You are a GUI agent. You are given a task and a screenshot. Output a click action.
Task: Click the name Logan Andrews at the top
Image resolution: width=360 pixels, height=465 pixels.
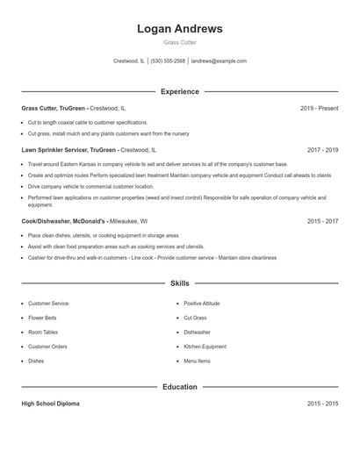coord(179,29)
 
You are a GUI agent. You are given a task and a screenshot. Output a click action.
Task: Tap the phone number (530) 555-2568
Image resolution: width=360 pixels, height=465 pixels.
coord(168,61)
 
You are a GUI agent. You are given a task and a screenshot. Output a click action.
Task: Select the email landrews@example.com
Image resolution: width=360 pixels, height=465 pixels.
coord(219,61)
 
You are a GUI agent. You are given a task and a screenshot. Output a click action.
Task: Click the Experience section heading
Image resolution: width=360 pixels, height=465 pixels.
coord(179,91)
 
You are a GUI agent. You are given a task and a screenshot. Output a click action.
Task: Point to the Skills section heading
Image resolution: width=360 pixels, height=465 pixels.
coord(179,283)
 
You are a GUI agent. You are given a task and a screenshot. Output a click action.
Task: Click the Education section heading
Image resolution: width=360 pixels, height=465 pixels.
coord(179,387)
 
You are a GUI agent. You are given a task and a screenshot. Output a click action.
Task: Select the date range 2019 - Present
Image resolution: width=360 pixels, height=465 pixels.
coord(319,108)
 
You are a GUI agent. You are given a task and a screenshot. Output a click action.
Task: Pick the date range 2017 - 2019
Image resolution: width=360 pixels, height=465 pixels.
coord(322,150)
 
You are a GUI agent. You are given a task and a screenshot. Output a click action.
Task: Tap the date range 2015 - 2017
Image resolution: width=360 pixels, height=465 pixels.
coord(322,222)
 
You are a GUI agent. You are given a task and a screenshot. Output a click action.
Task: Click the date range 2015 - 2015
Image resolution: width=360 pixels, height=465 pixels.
coord(322,404)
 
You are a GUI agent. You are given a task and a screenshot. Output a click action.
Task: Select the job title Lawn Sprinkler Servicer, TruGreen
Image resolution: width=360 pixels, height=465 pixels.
coord(68,150)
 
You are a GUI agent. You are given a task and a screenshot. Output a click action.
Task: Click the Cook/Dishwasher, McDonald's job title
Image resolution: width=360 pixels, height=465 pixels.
coord(63,222)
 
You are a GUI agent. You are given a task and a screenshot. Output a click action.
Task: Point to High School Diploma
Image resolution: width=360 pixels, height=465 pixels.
coord(50,404)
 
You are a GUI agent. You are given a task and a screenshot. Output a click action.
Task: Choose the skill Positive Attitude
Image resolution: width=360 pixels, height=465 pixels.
coord(201,304)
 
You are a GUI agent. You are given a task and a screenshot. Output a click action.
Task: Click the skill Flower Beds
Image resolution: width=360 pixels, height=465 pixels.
coord(42,318)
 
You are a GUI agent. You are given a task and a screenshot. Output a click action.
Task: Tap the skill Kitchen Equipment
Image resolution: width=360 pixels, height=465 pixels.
coord(205,347)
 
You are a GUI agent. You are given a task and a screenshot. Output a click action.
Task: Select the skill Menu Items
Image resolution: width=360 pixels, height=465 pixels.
coord(197,361)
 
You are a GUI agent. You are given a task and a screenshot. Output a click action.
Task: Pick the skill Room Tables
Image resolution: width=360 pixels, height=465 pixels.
coord(43,333)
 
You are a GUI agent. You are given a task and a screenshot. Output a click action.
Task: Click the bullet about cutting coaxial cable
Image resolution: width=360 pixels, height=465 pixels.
coord(88,123)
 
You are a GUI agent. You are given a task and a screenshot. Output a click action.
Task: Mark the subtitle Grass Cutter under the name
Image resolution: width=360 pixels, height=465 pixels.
coord(179,42)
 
